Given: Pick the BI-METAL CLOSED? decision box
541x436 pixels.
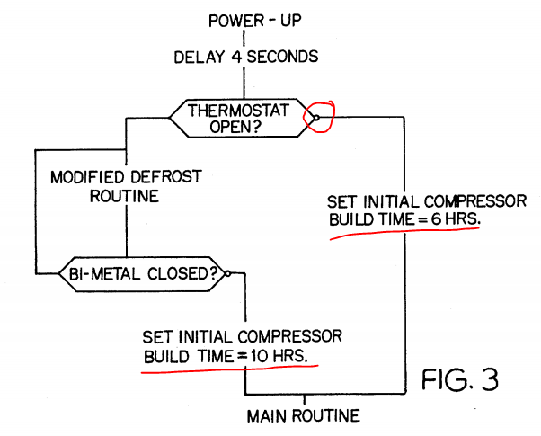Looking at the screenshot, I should (143, 274).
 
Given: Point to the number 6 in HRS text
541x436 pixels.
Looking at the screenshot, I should (433, 218).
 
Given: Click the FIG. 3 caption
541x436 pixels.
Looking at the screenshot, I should (459, 380).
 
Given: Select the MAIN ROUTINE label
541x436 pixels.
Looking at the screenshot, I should (305, 415).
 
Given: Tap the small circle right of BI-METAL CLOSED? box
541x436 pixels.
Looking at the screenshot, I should (228, 274).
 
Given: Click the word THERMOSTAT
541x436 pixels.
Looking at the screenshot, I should (240, 110).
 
